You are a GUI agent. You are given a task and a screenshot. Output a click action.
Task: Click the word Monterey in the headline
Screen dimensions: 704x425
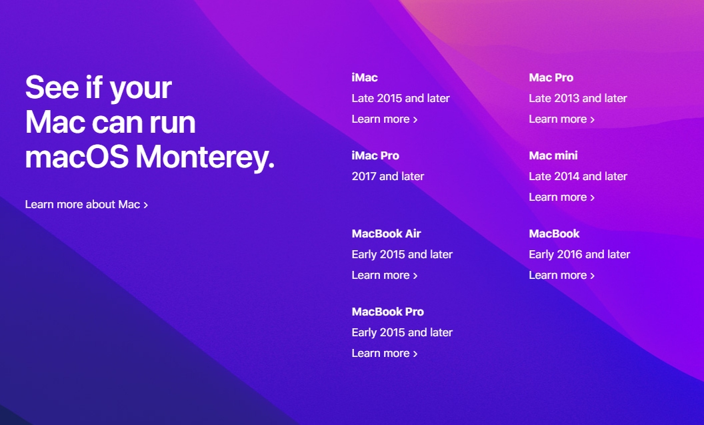pos(205,157)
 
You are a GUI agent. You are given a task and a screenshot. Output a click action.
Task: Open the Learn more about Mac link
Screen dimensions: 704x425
pos(87,204)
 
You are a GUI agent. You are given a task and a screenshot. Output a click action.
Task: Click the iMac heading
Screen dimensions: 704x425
pos(365,77)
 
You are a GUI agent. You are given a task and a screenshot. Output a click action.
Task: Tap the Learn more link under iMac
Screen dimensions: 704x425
pos(385,119)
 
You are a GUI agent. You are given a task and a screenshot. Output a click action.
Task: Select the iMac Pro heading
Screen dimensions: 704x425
pos(375,155)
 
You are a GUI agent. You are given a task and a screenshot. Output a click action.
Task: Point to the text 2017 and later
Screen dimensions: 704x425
pos(388,176)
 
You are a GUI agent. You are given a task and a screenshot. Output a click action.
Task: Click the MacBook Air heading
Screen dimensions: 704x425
pos(386,234)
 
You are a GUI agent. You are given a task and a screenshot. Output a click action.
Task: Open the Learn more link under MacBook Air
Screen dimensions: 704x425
pos(385,275)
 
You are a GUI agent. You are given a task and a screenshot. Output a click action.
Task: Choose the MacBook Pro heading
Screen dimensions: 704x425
pos(388,312)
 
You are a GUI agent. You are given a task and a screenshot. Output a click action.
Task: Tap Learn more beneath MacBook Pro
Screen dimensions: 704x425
pos(385,353)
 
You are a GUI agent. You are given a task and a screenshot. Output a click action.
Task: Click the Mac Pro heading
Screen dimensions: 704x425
pos(551,77)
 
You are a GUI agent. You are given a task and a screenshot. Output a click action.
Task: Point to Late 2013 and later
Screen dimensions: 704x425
pos(578,98)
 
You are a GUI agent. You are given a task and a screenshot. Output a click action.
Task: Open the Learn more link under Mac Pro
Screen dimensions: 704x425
pos(562,119)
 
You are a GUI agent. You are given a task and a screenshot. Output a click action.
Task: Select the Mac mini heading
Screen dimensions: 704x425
pos(553,155)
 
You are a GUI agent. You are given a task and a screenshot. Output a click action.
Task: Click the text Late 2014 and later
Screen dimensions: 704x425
pos(578,176)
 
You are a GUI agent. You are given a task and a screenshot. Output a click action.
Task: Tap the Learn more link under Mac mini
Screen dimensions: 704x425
pos(562,197)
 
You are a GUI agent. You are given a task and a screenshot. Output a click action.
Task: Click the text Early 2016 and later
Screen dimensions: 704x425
pos(579,254)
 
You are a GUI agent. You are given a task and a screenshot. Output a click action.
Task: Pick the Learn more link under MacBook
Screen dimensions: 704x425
pos(562,275)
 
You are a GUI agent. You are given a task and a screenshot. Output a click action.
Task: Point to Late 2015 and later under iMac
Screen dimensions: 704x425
pos(401,98)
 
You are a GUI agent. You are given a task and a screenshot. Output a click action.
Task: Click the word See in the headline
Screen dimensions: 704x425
pos(52,87)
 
